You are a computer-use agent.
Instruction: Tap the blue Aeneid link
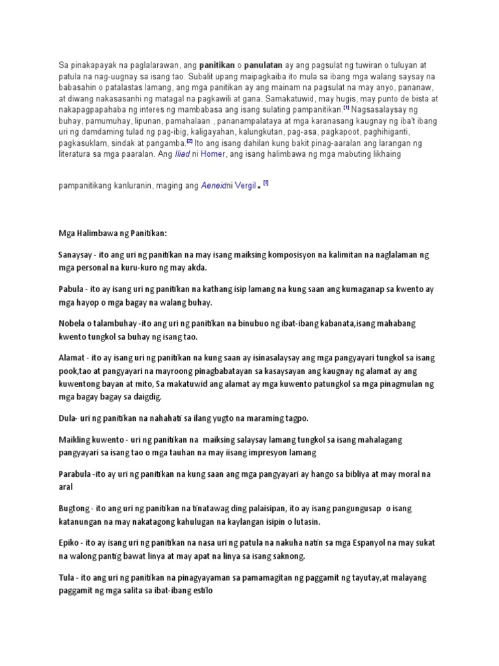tap(212, 186)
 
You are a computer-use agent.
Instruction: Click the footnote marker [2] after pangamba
tap(188, 142)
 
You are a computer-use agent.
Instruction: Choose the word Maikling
tap(76, 440)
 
